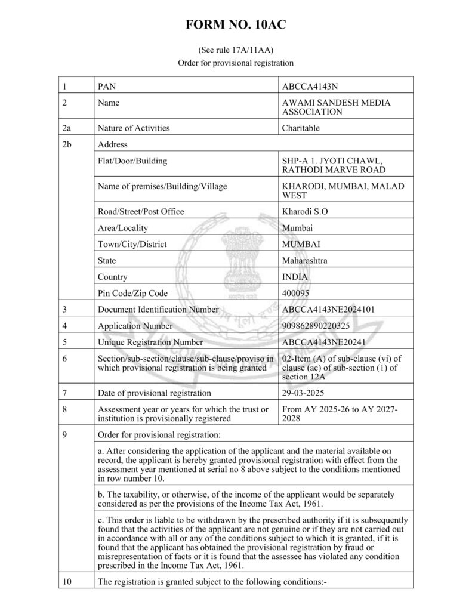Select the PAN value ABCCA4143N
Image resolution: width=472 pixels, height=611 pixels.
coord(309,86)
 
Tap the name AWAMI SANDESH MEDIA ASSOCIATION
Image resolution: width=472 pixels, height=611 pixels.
coord(336,107)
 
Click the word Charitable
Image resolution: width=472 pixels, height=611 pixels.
coord(301,128)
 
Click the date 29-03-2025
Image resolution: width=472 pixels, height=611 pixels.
coord(302,393)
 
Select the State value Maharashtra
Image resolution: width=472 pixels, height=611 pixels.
coord(304,260)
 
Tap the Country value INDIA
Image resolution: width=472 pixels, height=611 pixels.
coord(295,277)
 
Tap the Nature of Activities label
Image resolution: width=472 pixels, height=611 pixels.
coord(133,128)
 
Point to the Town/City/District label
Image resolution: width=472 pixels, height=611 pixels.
coord(132,244)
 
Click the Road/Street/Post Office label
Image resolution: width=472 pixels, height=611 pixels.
coord(140,211)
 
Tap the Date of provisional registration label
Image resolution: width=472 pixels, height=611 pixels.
coord(154,393)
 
